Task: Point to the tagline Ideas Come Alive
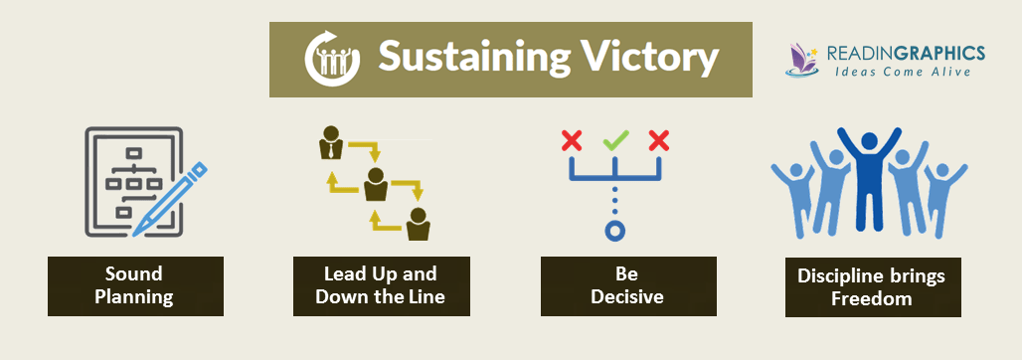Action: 904,71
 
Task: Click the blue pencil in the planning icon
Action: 170,199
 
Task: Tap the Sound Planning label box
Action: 135,286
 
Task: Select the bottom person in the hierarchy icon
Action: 418,225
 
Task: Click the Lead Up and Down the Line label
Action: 382,286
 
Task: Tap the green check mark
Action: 615,140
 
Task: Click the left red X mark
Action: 572,141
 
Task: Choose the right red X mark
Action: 659,141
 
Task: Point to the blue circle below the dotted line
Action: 615,231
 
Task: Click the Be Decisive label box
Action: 628,286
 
